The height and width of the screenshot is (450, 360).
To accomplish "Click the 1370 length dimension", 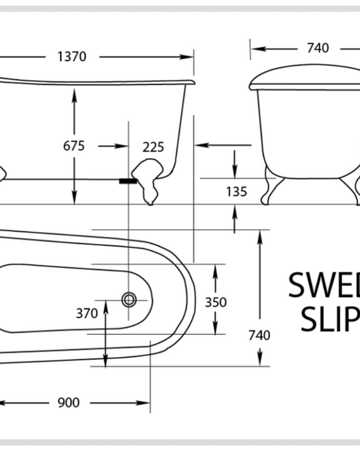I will coord(72,57).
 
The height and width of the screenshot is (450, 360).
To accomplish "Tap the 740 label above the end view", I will coord(317,49).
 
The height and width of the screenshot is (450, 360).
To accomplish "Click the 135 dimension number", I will coord(237,192).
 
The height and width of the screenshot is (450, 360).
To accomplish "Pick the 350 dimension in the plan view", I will coord(216,302).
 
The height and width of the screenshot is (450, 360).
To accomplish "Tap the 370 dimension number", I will coord(87,313).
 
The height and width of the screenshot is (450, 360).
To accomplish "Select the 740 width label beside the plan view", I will coord(260,334).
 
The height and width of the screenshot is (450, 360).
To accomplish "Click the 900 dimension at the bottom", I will coord(68,403).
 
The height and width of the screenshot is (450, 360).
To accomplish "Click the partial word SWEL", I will coord(324,286).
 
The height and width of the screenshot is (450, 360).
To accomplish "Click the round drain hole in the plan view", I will coord(128,298).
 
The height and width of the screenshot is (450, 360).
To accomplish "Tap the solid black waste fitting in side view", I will coord(128,179).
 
